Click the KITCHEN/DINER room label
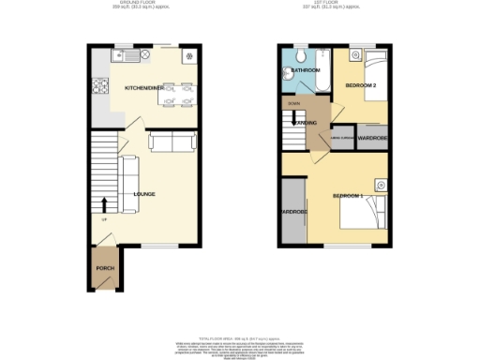143,87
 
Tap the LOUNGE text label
144,194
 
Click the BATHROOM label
306,70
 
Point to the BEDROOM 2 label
360,84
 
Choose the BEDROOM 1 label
347,195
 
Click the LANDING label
303,122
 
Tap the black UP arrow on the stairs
104,204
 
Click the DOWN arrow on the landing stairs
293,103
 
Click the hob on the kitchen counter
101,89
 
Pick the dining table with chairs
175,94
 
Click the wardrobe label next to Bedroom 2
373,139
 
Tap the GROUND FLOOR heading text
142,3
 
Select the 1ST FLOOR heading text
334,3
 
